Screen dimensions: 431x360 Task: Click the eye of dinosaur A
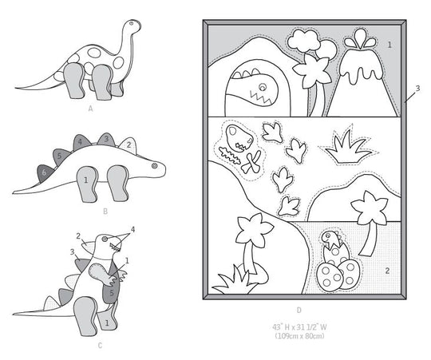[132, 24]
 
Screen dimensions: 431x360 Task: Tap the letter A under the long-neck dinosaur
[91, 109]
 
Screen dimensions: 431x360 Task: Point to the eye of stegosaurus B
[154, 166]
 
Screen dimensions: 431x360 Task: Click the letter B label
[105, 212]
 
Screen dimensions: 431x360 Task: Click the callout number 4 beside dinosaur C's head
[132, 229]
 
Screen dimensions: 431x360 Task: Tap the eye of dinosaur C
[105, 239]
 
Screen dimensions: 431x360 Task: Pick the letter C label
[100, 346]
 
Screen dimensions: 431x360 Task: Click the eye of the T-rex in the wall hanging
[263, 87]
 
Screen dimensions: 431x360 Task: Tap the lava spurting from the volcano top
[360, 40]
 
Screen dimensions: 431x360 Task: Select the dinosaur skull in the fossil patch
[239, 138]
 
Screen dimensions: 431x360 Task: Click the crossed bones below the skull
[251, 163]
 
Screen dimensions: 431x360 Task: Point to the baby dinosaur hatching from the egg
[332, 240]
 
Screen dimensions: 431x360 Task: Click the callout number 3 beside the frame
[417, 89]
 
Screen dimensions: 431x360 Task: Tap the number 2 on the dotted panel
[387, 271]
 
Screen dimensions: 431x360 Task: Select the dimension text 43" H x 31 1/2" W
[299, 327]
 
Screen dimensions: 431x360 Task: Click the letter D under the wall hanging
[299, 311]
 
